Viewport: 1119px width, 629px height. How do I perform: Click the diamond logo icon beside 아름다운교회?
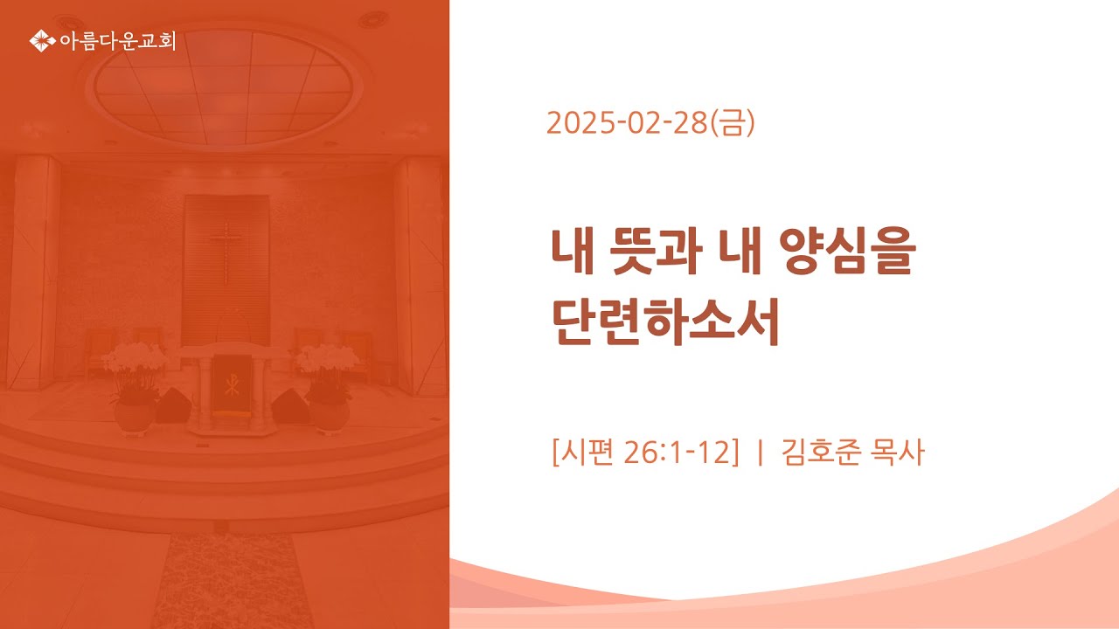coord(42,40)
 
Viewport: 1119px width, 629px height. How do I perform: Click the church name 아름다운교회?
coord(117,41)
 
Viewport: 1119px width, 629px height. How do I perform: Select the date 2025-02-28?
coord(627,123)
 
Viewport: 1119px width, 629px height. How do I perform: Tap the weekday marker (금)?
coord(732,123)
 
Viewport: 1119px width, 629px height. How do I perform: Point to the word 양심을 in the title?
coord(847,251)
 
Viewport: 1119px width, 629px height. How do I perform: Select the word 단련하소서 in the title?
coord(665,322)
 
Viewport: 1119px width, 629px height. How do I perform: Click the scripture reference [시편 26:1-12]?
coord(645,453)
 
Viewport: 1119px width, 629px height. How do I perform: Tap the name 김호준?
coord(821,453)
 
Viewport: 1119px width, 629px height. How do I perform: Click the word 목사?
coord(897,453)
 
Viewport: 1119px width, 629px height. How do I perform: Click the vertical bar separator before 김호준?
coord(760,453)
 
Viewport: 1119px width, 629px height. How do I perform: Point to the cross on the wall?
coord(226,253)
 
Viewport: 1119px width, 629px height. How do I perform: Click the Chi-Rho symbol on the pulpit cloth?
coord(232,384)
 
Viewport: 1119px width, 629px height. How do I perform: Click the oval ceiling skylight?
coord(225,86)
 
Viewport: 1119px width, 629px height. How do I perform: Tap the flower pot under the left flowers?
coord(134,417)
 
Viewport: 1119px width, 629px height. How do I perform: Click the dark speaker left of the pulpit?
coord(173,404)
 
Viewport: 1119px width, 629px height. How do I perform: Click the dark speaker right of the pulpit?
coord(291,406)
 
